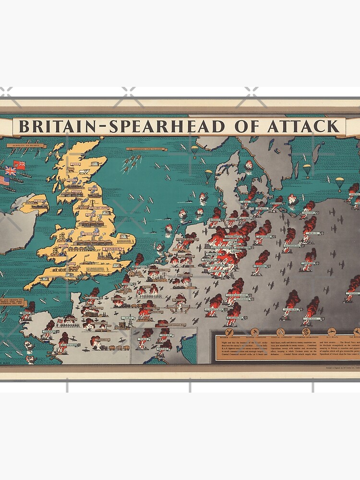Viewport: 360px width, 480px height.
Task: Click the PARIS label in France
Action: (128, 317)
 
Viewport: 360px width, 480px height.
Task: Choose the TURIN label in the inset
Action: (143, 346)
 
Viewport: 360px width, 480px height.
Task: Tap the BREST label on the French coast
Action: (26, 313)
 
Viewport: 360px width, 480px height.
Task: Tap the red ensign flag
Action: (20, 165)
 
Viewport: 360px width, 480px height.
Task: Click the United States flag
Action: (4, 180)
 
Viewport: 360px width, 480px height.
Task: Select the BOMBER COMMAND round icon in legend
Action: (228, 332)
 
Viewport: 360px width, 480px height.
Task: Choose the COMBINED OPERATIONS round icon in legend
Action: (306, 332)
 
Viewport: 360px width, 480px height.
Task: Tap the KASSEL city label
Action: (260, 265)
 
